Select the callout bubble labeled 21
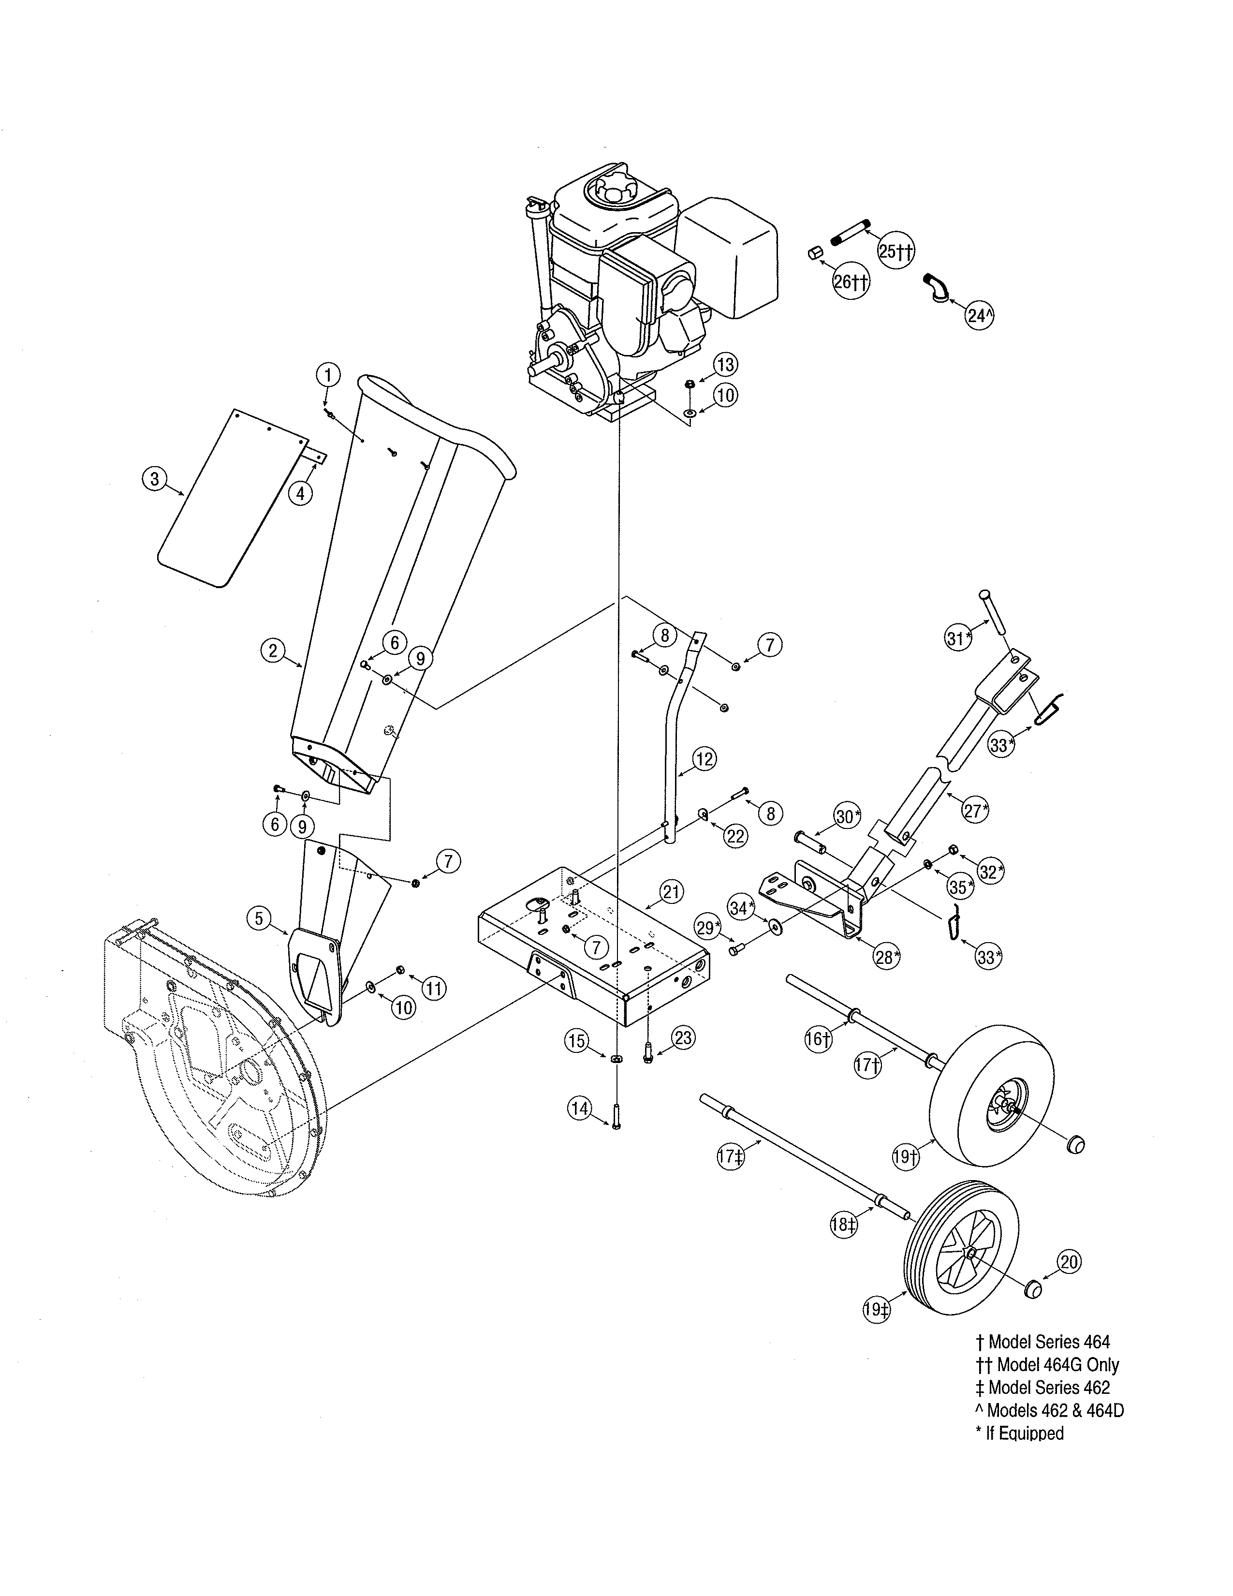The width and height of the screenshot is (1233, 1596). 671,891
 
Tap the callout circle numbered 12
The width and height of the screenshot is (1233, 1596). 704,758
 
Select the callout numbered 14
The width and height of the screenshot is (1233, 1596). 580,1108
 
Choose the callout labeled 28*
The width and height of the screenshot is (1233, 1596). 887,957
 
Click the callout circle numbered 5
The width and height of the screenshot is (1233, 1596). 259,918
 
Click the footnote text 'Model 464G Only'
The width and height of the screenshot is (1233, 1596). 1057,1365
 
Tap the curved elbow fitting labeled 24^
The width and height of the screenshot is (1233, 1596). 937,286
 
